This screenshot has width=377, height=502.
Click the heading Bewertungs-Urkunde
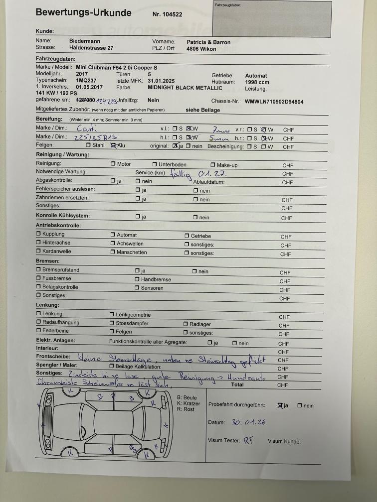coord(83,13)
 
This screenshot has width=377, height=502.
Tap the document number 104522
coord(167,14)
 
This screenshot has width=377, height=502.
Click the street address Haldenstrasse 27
coord(91,48)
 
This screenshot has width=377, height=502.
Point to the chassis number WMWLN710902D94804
coord(274,102)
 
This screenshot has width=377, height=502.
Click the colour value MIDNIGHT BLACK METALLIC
coord(185,88)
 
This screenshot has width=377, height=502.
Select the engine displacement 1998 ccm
coord(257,82)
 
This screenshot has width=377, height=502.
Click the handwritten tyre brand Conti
coord(83,128)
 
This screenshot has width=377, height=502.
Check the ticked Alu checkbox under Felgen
coord(113,145)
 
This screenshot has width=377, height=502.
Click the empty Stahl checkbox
coord(88,145)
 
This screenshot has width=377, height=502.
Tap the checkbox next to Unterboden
coord(155,164)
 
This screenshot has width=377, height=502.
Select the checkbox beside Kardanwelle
coord(38,251)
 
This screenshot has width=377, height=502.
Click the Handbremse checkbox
coord(137,279)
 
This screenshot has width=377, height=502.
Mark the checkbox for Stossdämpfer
coord(112,322)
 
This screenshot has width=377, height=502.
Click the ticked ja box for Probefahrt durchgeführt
coord(280,405)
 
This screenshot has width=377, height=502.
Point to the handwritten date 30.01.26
coord(248,422)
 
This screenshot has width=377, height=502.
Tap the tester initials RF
coord(248,441)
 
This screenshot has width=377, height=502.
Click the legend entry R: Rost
coord(186,409)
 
